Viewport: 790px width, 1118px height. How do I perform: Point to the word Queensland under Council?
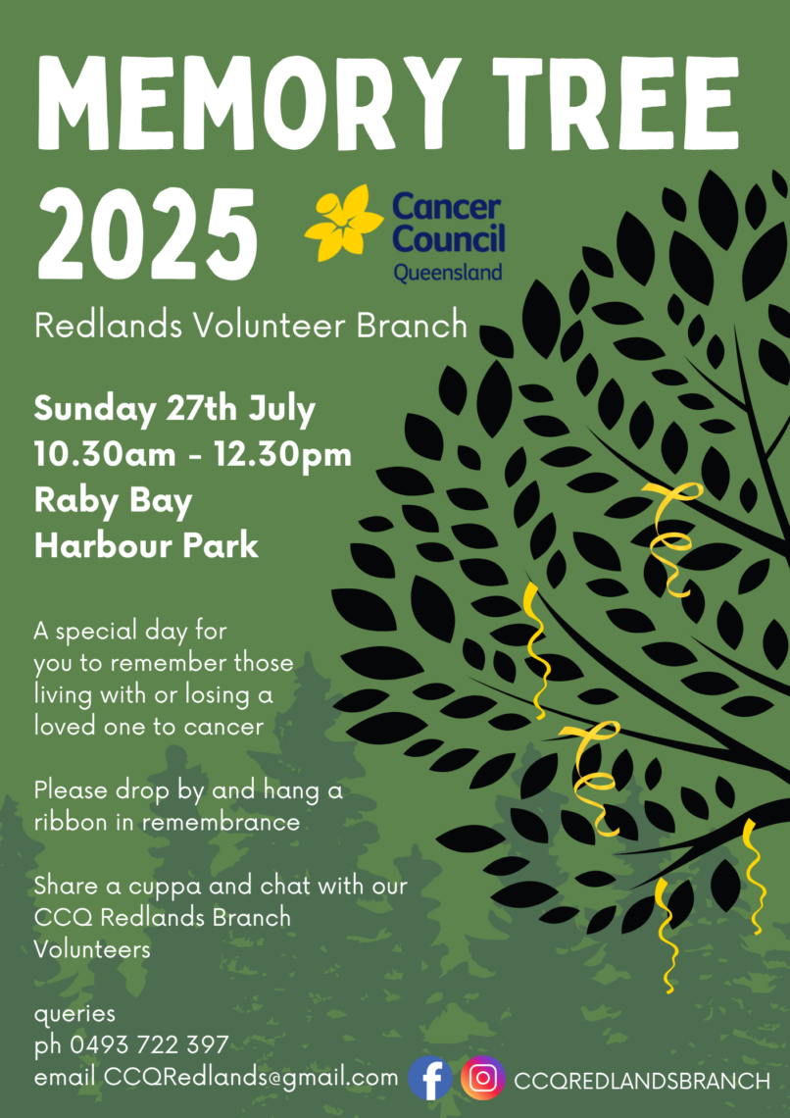447,272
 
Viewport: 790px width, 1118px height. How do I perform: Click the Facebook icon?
429,1078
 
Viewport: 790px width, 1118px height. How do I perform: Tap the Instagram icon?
483,1078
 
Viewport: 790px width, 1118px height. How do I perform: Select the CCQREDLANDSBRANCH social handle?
642,1081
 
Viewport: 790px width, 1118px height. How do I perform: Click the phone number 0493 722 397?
149,1045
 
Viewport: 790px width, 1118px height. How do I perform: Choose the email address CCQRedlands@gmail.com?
252,1078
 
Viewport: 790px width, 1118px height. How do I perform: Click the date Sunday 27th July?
174,412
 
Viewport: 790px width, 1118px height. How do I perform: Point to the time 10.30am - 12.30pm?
193,456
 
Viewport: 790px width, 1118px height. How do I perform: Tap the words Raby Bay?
114,502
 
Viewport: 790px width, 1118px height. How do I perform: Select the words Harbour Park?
146,546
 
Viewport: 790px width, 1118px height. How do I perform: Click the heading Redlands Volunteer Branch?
251,327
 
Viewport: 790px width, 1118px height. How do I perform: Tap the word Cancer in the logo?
447,208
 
